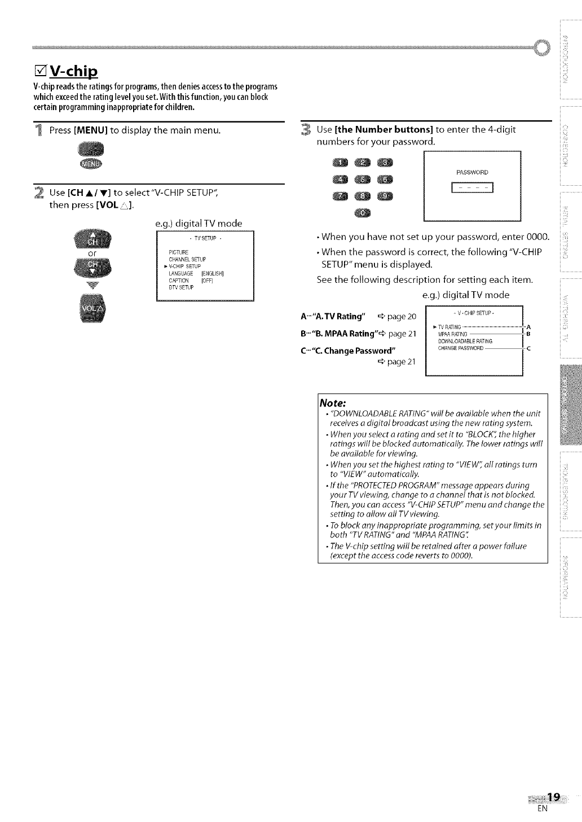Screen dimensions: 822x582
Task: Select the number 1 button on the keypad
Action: [341, 163]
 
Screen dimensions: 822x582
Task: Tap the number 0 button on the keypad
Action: [362, 212]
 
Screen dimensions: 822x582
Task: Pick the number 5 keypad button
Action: [362, 180]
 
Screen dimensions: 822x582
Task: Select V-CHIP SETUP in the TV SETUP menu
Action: [186, 266]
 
